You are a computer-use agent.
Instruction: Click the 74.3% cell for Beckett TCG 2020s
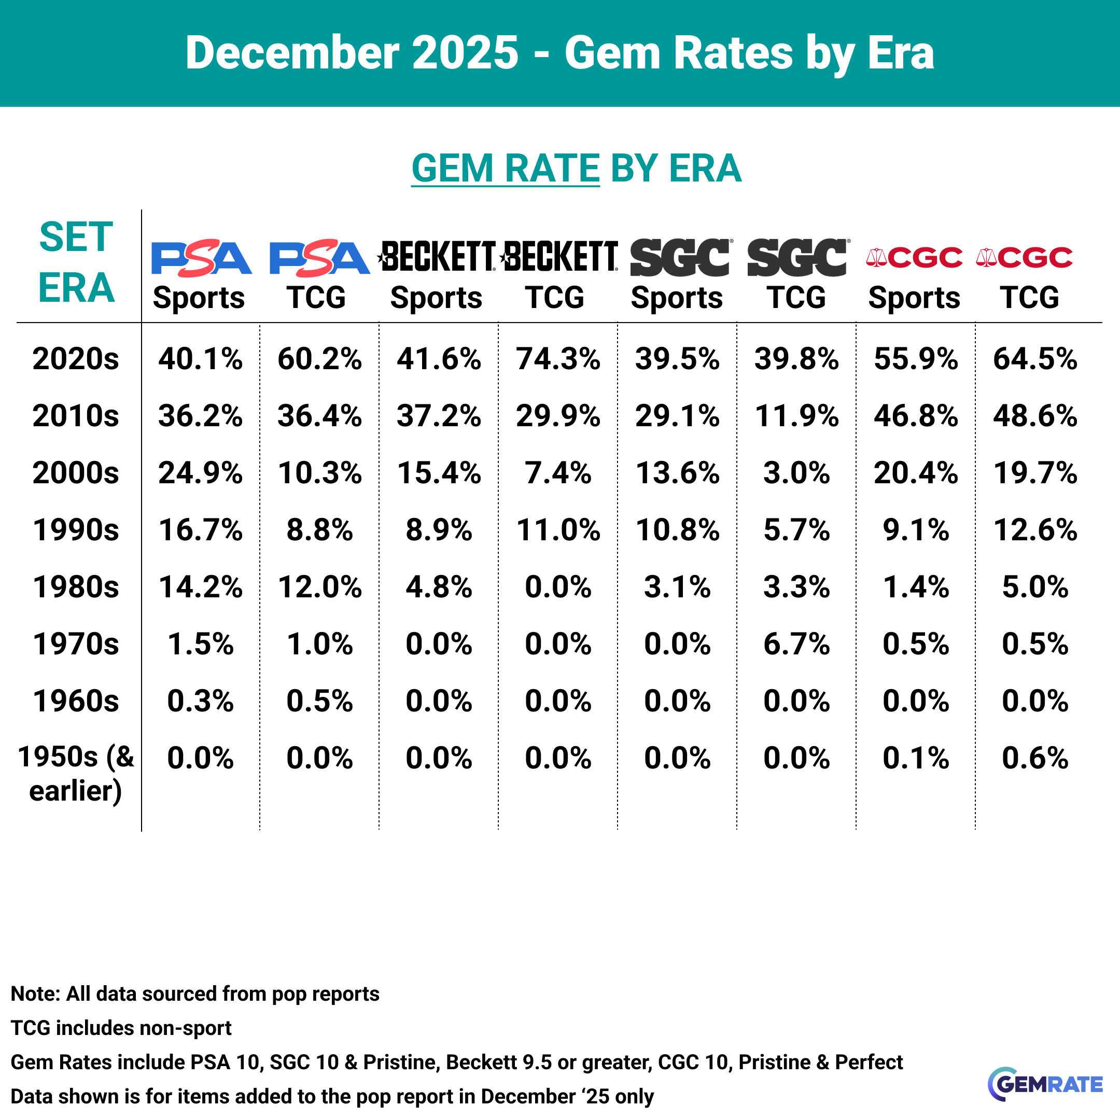[x=558, y=359]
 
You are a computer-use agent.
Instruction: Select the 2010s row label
[x=76, y=416]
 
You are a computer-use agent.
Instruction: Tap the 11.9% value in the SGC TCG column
[x=796, y=416]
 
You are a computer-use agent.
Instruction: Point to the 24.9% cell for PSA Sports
[x=201, y=472]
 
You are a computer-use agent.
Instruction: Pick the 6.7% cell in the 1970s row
[x=796, y=644]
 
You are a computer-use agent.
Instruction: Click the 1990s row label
[x=76, y=530]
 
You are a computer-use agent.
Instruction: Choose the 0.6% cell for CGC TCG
[x=1035, y=758]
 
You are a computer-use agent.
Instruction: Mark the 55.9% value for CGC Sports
[x=915, y=359]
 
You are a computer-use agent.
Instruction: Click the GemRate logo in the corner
[x=1045, y=1084]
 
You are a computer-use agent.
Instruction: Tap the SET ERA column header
[x=76, y=262]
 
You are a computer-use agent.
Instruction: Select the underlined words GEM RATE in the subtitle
[x=505, y=168]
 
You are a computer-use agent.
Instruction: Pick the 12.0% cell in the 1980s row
[x=319, y=586]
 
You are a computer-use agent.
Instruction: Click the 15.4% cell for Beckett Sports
[x=439, y=472]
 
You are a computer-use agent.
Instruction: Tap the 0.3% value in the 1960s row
[x=201, y=702]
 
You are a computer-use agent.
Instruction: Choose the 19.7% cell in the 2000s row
[x=1035, y=472]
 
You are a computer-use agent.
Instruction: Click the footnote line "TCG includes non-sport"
[x=121, y=1028]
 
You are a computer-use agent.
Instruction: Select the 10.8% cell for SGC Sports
[x=677, y=530]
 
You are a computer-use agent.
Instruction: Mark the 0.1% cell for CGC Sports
[x=915, y=758]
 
